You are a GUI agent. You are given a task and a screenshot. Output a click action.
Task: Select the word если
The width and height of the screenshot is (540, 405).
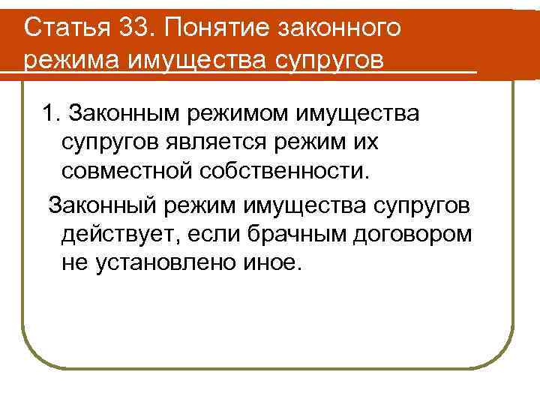(217, 233)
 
